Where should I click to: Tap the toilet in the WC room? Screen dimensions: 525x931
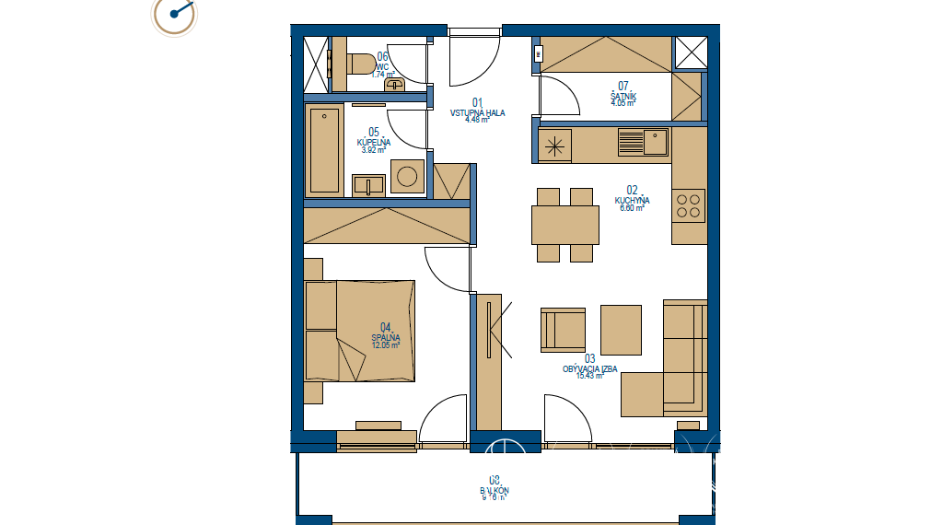click(361, 64)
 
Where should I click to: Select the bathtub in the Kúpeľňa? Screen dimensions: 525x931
click(324, 150)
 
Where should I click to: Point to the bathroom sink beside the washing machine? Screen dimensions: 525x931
click(368, 184)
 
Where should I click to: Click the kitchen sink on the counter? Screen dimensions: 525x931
click(643, 143)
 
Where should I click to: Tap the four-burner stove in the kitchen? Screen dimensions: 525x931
click(689, 205)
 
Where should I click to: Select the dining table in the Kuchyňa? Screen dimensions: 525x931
click(564, 225)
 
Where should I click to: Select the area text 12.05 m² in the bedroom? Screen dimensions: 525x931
click(385, 345)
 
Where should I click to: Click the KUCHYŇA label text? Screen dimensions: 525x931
click(633, 200)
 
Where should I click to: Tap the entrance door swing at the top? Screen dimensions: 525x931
click(474, 57)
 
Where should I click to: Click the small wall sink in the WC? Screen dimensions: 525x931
click(396, 85)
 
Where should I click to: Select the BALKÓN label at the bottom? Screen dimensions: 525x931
click(494, 491)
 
